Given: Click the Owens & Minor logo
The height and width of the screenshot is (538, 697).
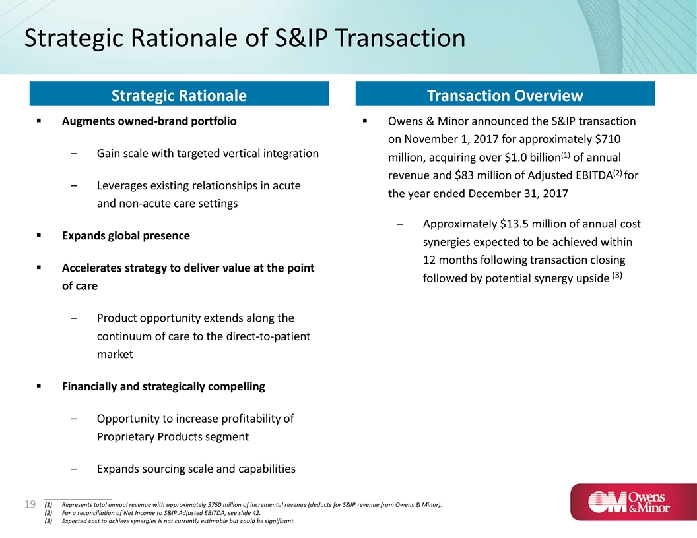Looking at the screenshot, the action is [x=634, y=502].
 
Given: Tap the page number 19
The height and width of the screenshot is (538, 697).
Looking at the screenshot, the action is [x=30, y=504].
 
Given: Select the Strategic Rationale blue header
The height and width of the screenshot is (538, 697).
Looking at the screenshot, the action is [x=179, y=94].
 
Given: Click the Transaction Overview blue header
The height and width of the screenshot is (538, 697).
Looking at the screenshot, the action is [x=505, y=94].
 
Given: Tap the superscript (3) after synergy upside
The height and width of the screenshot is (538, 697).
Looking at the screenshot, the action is [x=617, y=275].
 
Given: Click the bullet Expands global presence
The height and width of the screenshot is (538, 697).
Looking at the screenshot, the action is [x=126, y=236].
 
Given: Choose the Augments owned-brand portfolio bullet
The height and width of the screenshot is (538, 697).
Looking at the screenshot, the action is [x=149, y=121].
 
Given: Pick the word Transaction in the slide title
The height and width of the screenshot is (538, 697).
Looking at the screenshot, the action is [x=401, y=38].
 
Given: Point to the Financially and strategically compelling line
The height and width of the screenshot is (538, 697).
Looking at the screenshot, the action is [x=163, y=386].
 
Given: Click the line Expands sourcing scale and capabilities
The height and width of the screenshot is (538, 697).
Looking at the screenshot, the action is [x=196, y=469].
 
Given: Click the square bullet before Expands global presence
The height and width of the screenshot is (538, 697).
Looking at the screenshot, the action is [x=39, y=235].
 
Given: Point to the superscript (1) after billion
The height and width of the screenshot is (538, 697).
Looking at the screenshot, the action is [x=565, y=155].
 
